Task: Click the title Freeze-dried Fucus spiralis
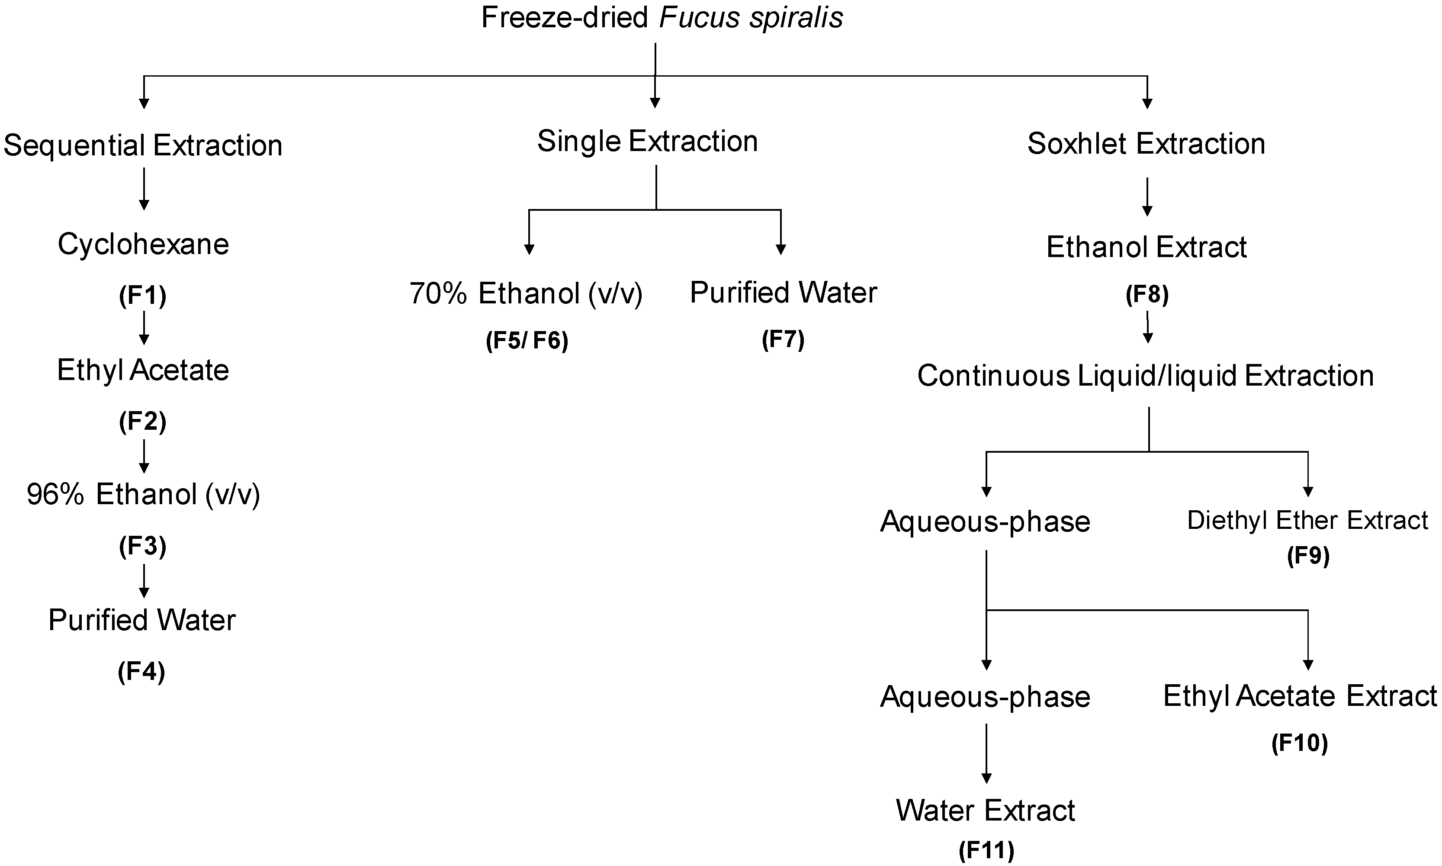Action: click(662, 17)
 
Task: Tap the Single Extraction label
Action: click(648, 141)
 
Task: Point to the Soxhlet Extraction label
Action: click(1146, 144)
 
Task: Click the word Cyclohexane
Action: click(143, 245)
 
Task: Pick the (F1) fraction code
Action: click(143, 296)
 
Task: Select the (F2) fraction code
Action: click(143, 422)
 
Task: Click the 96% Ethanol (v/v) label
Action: click(143, 495)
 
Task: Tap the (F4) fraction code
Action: click(142, 672)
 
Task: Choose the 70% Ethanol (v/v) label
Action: click(526, 293)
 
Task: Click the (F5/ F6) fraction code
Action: click(527, 340)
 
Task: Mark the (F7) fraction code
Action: click(783, 339)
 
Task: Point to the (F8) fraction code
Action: click(1147, 295)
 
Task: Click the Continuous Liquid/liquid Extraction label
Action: click(1146, 376)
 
